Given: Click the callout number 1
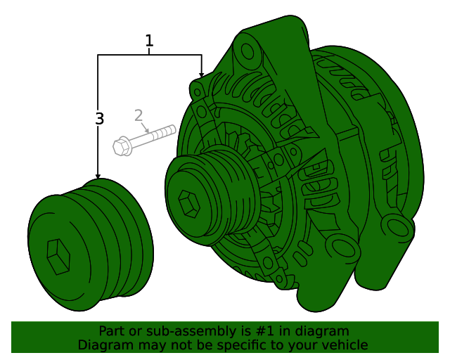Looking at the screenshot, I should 149,41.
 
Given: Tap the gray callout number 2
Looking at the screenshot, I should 139,115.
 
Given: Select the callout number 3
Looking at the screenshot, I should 99,119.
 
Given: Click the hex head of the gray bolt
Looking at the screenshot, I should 121,146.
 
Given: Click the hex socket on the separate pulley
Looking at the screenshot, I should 58,257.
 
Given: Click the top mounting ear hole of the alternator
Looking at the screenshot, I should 247,51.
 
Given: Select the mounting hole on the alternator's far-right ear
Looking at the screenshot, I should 399,226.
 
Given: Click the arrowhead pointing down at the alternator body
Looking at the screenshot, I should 202,75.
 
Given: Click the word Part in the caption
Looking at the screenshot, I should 111,331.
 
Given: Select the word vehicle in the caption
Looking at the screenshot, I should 344,345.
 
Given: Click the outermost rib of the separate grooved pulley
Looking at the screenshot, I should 134,232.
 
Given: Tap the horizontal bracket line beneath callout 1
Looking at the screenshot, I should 149,55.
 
